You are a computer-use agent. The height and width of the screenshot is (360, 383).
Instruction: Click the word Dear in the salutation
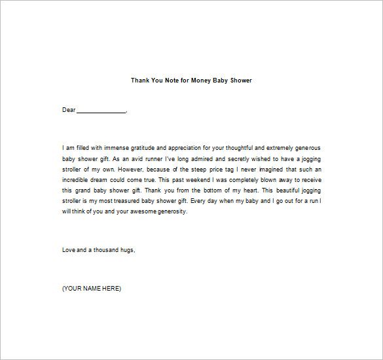click(69, 110)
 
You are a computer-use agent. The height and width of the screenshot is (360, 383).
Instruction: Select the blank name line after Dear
click(101, 111)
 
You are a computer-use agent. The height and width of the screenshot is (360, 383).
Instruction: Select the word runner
click(166, 159)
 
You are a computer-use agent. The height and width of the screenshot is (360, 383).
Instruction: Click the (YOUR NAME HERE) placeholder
click(92, 289)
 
